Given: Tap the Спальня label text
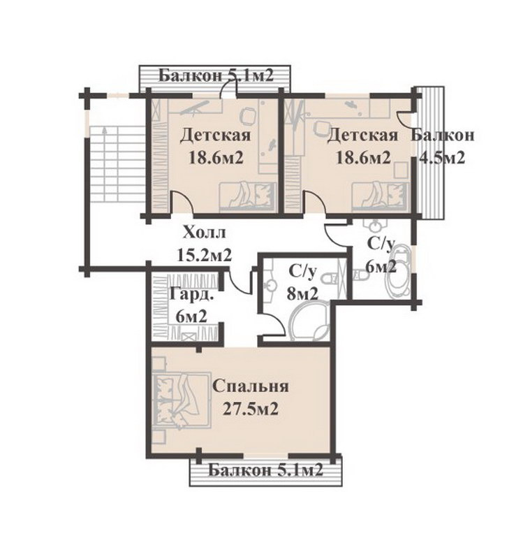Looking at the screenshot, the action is (x=251, y=386).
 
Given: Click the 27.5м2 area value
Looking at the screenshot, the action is (x=251, y=409).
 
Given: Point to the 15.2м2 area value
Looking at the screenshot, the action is (x=204, y=255).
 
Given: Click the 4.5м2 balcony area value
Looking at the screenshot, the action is (x=442, y=157).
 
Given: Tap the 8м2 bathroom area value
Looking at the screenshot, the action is (x=302, y=294).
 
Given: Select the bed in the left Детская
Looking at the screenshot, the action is (x=248, y=196).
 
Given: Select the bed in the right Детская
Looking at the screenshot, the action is (x=380, y=196).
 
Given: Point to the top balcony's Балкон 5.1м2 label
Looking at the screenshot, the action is (x=216, y=76).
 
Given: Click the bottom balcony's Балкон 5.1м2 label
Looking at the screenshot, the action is (x=265, y=471).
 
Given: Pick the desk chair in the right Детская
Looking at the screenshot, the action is (x=322, y=128).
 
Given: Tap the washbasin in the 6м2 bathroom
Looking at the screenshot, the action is (x=374, y=225).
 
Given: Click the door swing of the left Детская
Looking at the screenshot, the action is (x=182, y=202).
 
